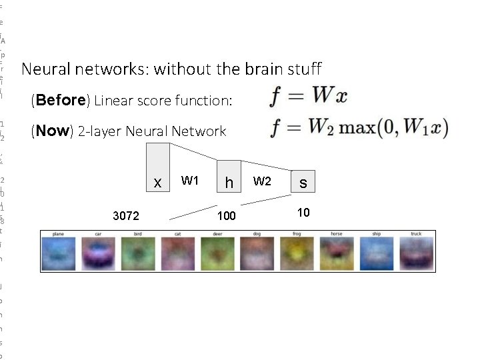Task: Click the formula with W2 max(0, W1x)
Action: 359,127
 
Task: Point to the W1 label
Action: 190,181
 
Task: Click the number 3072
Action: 126,216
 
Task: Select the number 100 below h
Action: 226,216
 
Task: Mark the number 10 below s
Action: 303,212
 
